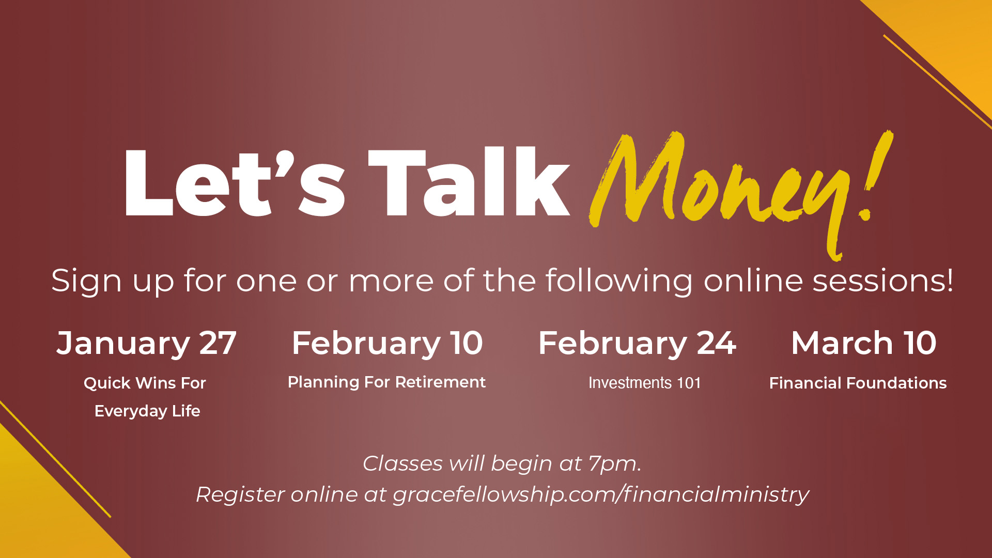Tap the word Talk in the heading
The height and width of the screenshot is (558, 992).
469,182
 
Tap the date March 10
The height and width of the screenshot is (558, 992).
864,343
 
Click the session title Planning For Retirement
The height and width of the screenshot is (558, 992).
386,382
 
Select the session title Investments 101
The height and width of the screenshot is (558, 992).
645,383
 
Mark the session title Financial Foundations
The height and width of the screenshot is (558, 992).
858,383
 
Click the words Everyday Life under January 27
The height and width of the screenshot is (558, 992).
147,411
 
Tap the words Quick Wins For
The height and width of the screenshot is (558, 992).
145,383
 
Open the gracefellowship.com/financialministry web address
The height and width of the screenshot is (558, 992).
601,494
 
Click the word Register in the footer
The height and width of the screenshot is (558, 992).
240,495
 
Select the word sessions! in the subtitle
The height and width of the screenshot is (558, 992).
883,281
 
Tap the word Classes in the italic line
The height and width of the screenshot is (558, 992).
402,463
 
